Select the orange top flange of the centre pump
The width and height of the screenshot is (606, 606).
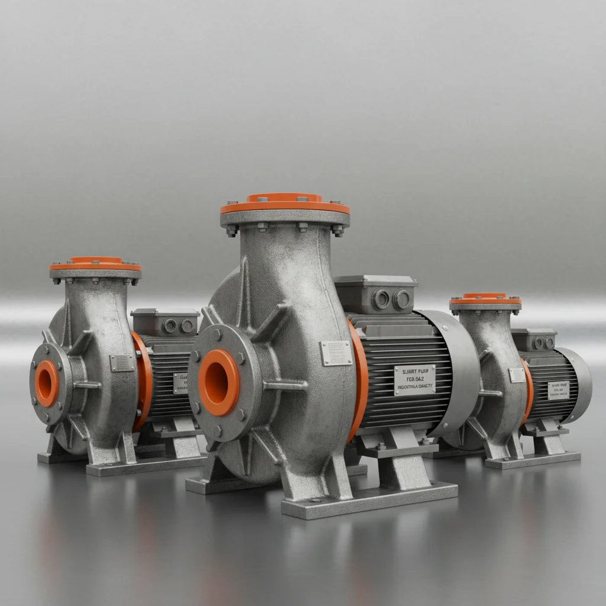pyautogui.click(x=285, y=205)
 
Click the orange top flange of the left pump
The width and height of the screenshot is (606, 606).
pyautogui.click(x=95, y=264)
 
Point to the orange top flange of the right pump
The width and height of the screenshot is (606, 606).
pyautogui.click(x=485, y=299)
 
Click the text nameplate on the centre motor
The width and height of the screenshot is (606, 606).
pyautogui.click(x=414, y=379)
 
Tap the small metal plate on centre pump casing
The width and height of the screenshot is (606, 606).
pyautogui.click(x=336, y=353)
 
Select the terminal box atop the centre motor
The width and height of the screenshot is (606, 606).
pyautogui.click(x=375, y=294)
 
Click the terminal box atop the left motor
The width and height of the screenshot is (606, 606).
pyautogui.click(x=165, y=322)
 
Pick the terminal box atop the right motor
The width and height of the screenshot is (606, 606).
pyautogui.click(x=534, y=340)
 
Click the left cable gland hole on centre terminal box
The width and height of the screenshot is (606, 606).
pyautogui.click(x=381, y=299)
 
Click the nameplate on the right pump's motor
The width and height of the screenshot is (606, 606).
pyautogui.click(x=558, y=390)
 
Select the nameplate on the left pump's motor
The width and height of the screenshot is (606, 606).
pyautogui.click(x=180, y=383)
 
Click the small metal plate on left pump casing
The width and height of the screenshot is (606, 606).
pyautogui.click(x=122, y=363)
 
